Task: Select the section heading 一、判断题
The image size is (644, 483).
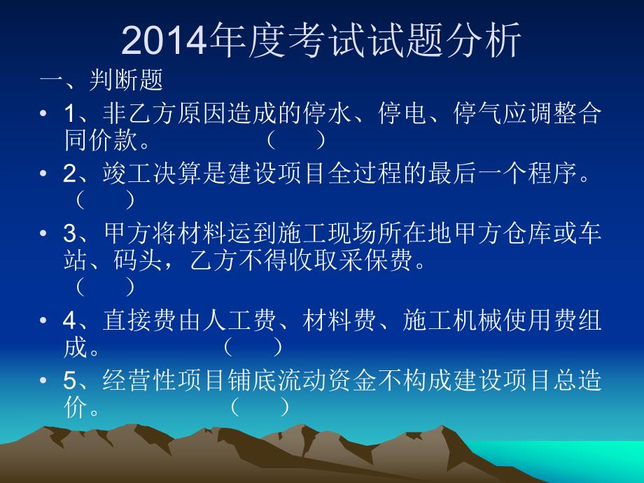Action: pos(101,80)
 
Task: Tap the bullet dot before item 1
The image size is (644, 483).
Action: pos(44,114)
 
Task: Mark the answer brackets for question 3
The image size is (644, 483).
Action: pos(105,286)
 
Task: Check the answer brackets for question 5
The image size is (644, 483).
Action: pos(259,407)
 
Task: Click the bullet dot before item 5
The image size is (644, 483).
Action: pos(44,381)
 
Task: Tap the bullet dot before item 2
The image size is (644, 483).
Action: pos(44,174)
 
